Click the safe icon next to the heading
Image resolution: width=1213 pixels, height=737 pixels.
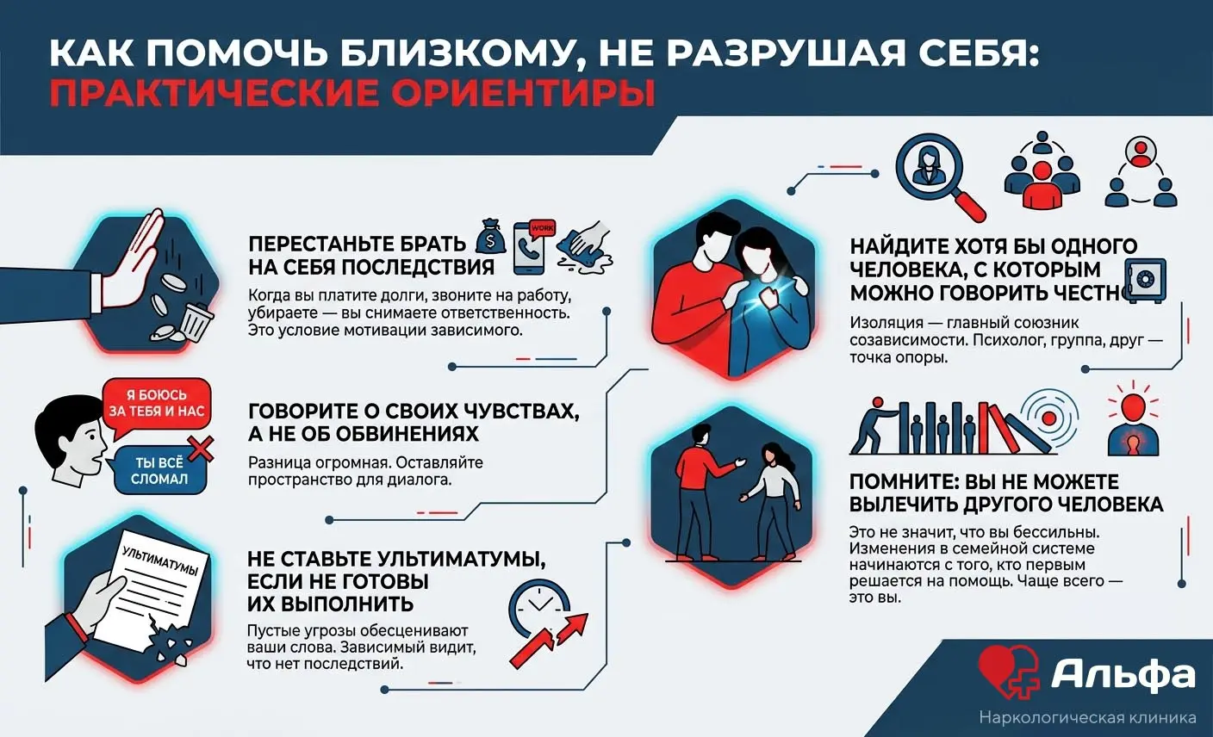pos(1145,279)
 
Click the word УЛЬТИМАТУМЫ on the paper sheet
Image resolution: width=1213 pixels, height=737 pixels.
pos(160,560)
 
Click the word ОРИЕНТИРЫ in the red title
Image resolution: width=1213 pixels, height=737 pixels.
pos(523,94)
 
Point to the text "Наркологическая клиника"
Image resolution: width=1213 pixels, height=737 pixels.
pos(1087,718)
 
